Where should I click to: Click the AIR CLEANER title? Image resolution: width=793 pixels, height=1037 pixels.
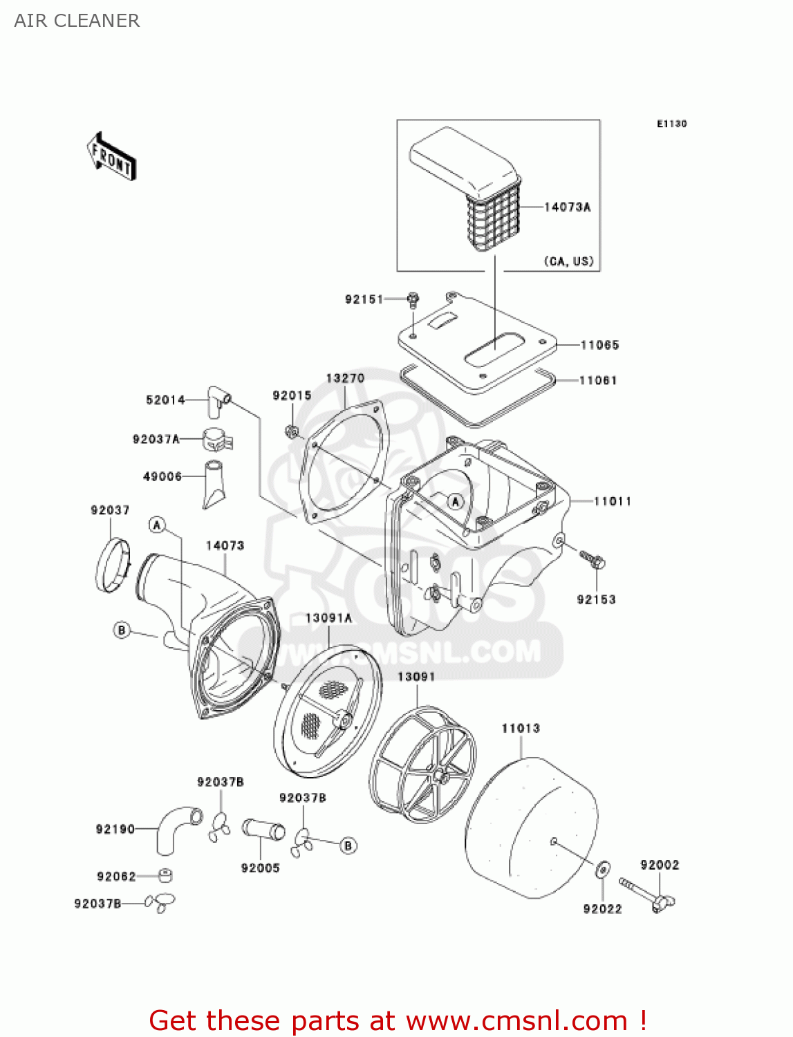(x=77, y=21)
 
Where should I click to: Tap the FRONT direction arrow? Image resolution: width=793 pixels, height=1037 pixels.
(x=111, y=157)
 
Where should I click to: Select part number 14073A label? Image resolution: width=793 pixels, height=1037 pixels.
(x=567, y=207)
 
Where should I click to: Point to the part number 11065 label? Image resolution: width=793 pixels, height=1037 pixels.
(x=599, y=345)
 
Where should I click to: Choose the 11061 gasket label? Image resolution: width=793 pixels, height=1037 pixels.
(x=598, y=380)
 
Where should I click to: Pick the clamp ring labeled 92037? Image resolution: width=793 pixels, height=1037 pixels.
(x=113, y=566)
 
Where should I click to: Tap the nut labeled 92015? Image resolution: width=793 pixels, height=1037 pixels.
(x=292, y=432)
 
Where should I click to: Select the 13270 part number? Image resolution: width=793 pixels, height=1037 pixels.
(x=345, y=378)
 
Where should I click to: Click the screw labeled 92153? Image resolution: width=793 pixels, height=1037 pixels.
(x=592, y=559)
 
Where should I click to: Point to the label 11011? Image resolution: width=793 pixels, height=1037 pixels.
(x=613, y=501)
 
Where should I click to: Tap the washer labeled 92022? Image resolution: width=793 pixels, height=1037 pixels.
(x=602, y=869)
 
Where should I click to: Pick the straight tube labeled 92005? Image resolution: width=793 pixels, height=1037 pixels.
(x=263, y=829)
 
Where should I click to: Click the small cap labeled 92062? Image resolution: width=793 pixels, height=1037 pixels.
(x=165, y=876)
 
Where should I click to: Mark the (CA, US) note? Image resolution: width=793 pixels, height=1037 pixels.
(x=568, y=261)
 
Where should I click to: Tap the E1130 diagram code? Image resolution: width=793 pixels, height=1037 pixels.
(x=671, y=124)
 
